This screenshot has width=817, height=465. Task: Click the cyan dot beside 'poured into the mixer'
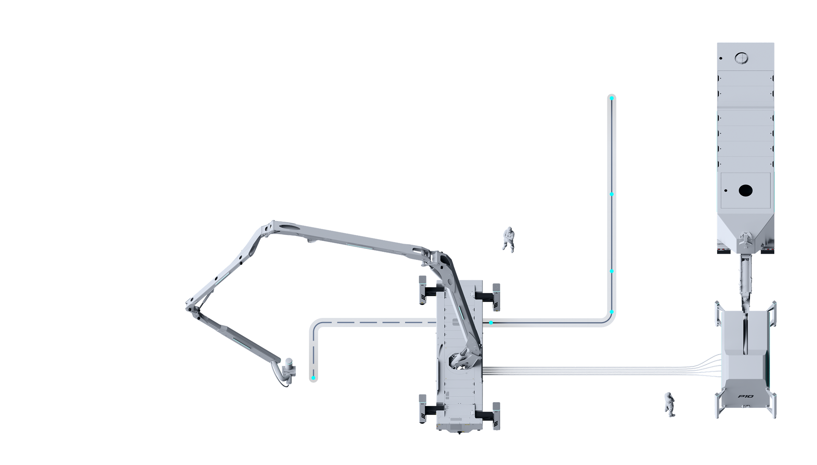point(612,98)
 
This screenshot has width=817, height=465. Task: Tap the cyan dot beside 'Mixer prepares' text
point(612,194)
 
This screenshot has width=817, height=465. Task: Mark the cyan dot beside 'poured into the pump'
point(612,271)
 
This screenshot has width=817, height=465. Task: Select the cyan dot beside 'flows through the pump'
point(612,312)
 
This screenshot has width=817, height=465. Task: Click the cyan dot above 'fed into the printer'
point(491,323)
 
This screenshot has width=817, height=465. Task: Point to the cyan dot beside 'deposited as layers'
point(313,378)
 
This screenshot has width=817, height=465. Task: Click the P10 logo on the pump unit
point(746,397)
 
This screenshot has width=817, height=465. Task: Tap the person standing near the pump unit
point(669,405)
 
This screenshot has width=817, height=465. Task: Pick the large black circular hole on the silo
point(746,191)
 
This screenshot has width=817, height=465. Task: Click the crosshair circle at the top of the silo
point(741,58)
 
